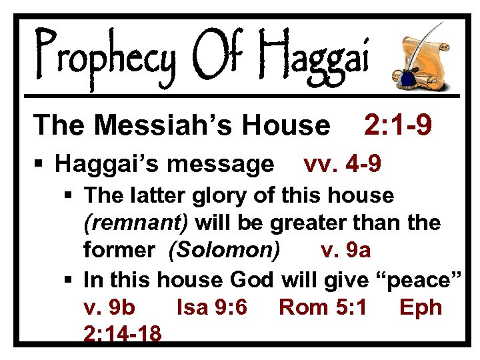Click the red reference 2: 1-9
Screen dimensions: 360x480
pos(398,124)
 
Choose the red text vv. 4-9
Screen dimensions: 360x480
pos(342,163)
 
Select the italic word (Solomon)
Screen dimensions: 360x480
pos(225,250)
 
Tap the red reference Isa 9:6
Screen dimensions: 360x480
pos(212,307)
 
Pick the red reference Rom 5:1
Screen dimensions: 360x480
pos(323,307)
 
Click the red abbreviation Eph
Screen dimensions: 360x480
pos(421,307)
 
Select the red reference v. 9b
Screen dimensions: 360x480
pos(110,307)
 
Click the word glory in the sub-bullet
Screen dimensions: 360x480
pos(201,195)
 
